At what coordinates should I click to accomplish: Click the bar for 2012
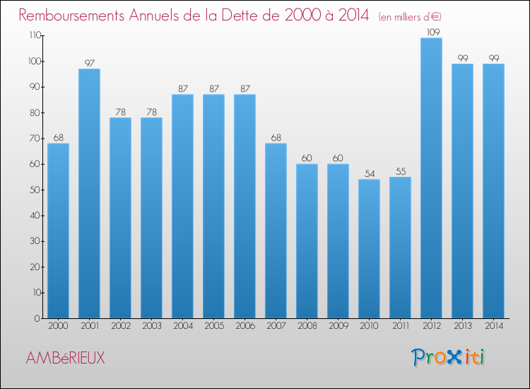(431, 178)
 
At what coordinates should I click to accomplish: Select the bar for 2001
(89, 194)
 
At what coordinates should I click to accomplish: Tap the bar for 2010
(369, 249)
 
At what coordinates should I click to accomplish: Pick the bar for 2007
(276, 231)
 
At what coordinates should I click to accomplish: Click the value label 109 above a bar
(431, 32)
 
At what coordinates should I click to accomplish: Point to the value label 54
(369, 173)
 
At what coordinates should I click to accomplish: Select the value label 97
(89, 63)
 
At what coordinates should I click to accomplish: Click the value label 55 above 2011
(400, 171)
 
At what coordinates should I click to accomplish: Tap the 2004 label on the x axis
(182, 327)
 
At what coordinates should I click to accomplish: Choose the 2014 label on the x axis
(493, 327)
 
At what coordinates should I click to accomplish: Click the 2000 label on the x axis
(58, 327)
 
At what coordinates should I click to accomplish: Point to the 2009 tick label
(338, 327)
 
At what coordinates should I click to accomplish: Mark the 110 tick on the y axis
(33, 35)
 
